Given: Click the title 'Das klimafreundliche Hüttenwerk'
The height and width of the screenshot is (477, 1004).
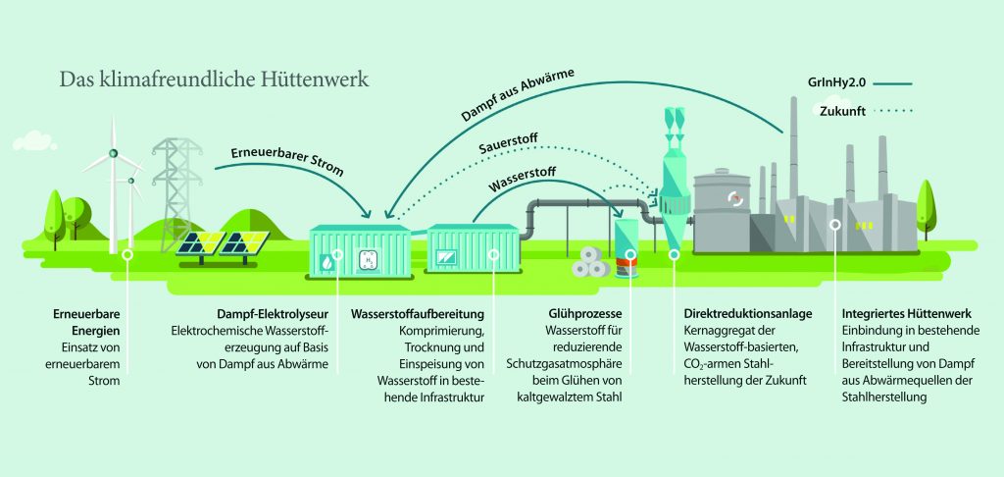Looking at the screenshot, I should (215, 79).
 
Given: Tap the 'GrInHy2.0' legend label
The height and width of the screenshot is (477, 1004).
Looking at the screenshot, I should (849, 84).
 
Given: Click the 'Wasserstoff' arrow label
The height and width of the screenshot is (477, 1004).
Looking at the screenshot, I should (526, 184).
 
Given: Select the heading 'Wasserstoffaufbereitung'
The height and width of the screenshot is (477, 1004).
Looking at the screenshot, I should (418, 314).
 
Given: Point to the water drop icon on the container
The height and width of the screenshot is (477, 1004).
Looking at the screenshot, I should (326, 263).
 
